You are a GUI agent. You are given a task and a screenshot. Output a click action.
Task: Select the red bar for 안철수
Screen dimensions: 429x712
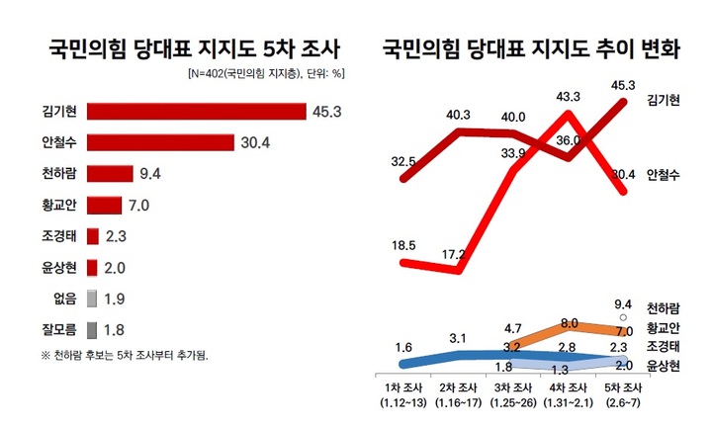pos(160,143)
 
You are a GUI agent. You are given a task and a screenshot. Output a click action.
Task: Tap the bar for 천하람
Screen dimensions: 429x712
pos(109,174)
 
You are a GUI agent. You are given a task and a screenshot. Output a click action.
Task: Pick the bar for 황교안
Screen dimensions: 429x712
pos(103,206)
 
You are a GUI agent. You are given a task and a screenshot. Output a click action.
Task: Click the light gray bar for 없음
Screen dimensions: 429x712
pos(91,298)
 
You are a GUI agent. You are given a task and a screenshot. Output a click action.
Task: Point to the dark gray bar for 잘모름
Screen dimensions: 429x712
pos(91,329)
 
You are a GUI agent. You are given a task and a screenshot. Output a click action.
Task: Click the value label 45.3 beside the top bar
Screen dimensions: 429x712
pos(326,112)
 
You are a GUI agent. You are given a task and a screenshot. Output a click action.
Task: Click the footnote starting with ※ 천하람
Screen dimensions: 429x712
pos(126,355)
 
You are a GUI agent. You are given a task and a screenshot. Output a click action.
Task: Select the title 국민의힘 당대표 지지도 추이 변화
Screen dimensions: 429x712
pos(531,46)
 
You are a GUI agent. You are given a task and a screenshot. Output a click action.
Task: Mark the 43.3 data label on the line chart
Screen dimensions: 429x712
pos(569,96)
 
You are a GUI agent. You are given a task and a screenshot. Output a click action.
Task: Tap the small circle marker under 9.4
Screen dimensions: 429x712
pos(623,317)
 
